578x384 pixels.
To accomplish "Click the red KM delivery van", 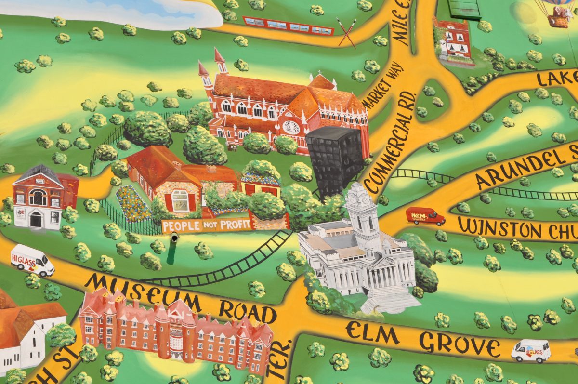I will [425, 216].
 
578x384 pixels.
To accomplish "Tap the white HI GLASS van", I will [32, 260].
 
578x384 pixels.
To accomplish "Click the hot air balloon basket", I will [559, 20].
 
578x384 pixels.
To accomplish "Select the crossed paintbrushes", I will [347, 32].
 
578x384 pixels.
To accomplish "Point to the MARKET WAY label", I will [378, 90].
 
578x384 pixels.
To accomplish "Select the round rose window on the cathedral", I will [291, 127].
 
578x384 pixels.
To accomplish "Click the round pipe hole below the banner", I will [173, 238].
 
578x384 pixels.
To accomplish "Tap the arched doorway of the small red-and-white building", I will [36, 220].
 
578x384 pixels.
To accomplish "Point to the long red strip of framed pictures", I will [288, 25].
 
